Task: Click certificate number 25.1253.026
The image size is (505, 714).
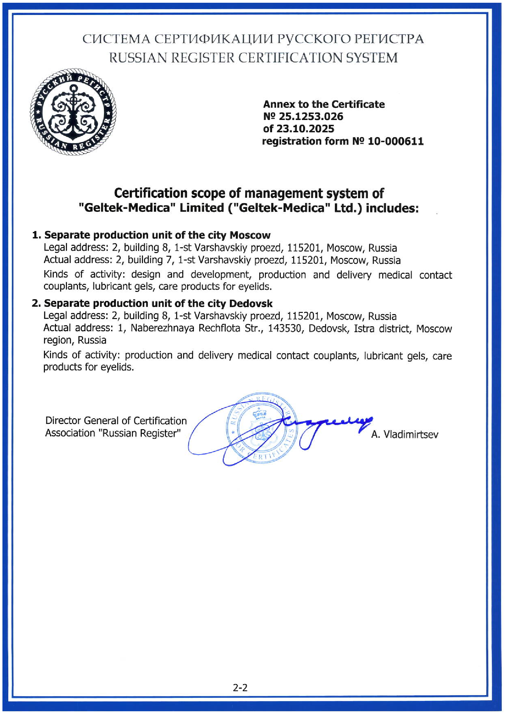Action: click(311, 117)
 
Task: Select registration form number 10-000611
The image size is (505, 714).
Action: click(395, 142)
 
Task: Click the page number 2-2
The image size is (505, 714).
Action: click(240, 687)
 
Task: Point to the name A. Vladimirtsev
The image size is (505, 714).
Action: click(405, 434)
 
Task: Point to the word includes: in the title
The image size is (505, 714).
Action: click(392, 208)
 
